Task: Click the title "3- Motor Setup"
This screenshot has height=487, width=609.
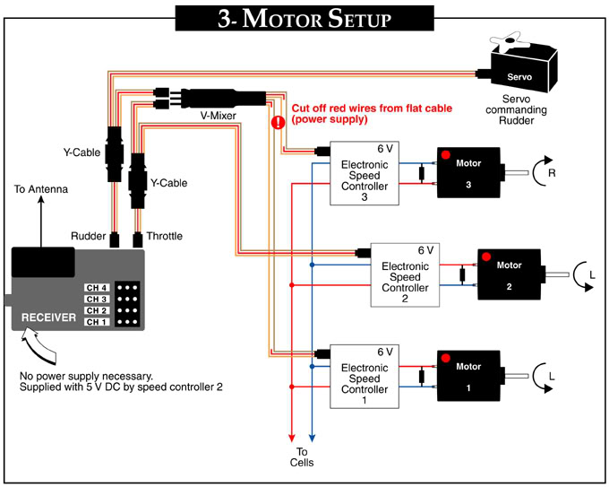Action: click(304, 19)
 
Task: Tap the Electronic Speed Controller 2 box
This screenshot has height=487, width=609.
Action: click(405, 275)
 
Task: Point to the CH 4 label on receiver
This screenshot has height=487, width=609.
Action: click(97, 288)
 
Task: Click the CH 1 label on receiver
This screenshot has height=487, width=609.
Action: click(97, 321)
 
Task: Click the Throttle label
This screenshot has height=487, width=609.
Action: click(164, 236)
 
